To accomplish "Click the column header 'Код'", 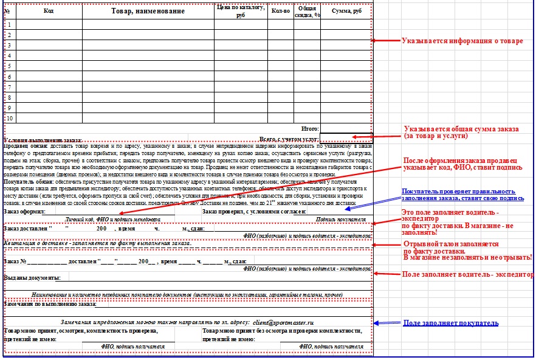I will pos(49,10).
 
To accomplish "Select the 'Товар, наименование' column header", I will pos(147,10).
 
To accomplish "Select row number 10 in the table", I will pos(9,117).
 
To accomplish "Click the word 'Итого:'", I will pos(310,128).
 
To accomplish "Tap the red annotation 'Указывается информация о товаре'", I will pos(462,41).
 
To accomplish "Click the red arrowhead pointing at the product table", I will pos(374,41).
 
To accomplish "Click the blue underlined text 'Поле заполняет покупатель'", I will pos(451,322).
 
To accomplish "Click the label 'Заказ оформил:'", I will pos(24,211).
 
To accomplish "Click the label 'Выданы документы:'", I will pos(32,277).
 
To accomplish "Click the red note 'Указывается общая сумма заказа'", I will pos(462,129).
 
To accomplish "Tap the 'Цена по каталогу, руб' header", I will pos(240,10).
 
